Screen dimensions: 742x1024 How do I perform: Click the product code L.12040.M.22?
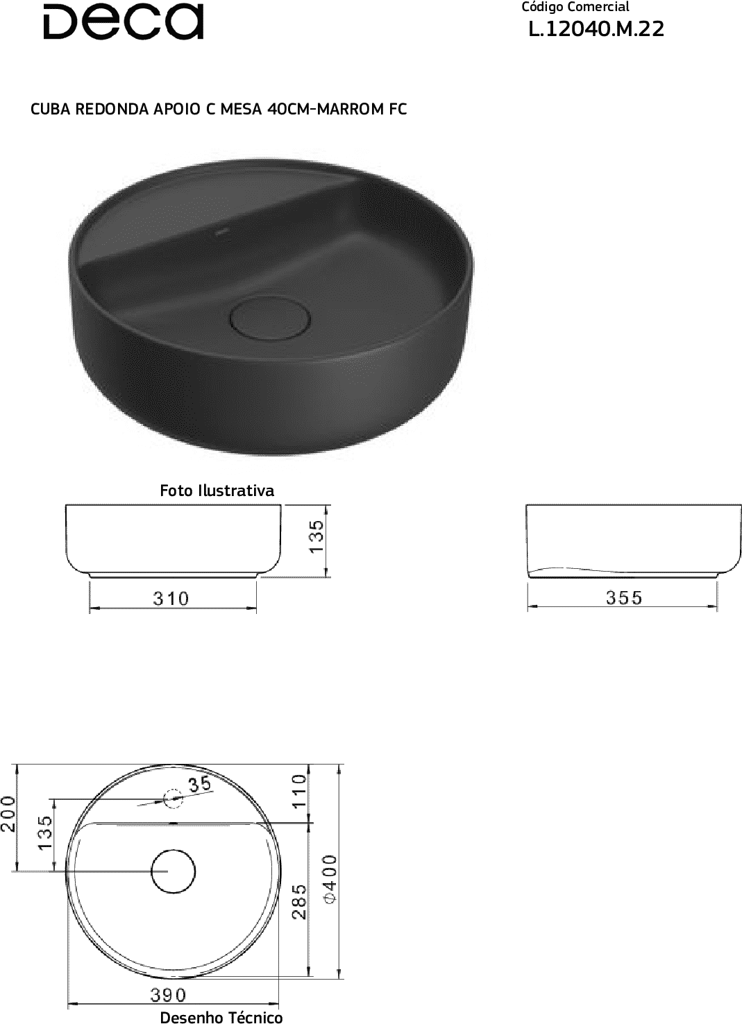(x=596, y=30)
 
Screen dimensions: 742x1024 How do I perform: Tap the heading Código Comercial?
(x=575, y=8)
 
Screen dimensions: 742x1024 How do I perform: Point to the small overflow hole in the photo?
(x=221, y=232)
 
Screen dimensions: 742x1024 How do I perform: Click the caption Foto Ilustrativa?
(x=217, y=490)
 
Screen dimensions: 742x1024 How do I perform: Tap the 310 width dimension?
(x=171, y=599)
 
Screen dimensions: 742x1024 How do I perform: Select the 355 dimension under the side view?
(x=624, y=597)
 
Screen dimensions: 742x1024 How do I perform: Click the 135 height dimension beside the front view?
(x=317, y=537)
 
